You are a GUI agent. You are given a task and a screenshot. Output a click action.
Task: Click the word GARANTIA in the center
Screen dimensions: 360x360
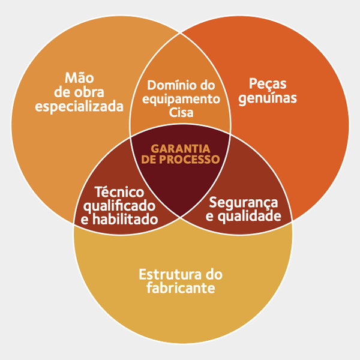(x=180, y=148)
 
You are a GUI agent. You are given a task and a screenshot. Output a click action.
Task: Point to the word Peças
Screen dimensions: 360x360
(x=268, y=83)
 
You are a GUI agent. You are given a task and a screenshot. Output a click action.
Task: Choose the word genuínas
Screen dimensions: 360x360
(x=268, y=98)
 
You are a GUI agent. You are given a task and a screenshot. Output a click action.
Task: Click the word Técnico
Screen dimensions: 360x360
(x=119, y=193)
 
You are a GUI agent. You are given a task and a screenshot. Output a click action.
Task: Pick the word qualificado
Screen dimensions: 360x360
(x=119, y=206)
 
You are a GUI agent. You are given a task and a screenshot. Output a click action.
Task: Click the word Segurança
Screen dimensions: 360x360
(x=244, y=203)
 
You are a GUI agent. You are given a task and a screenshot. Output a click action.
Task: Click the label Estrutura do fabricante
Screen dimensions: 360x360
(x=181, y=281)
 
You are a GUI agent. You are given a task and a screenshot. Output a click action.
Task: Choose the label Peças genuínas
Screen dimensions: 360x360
(x=268, y=91)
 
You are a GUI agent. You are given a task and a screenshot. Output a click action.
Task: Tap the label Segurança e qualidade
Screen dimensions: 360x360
(x=243, y=209)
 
